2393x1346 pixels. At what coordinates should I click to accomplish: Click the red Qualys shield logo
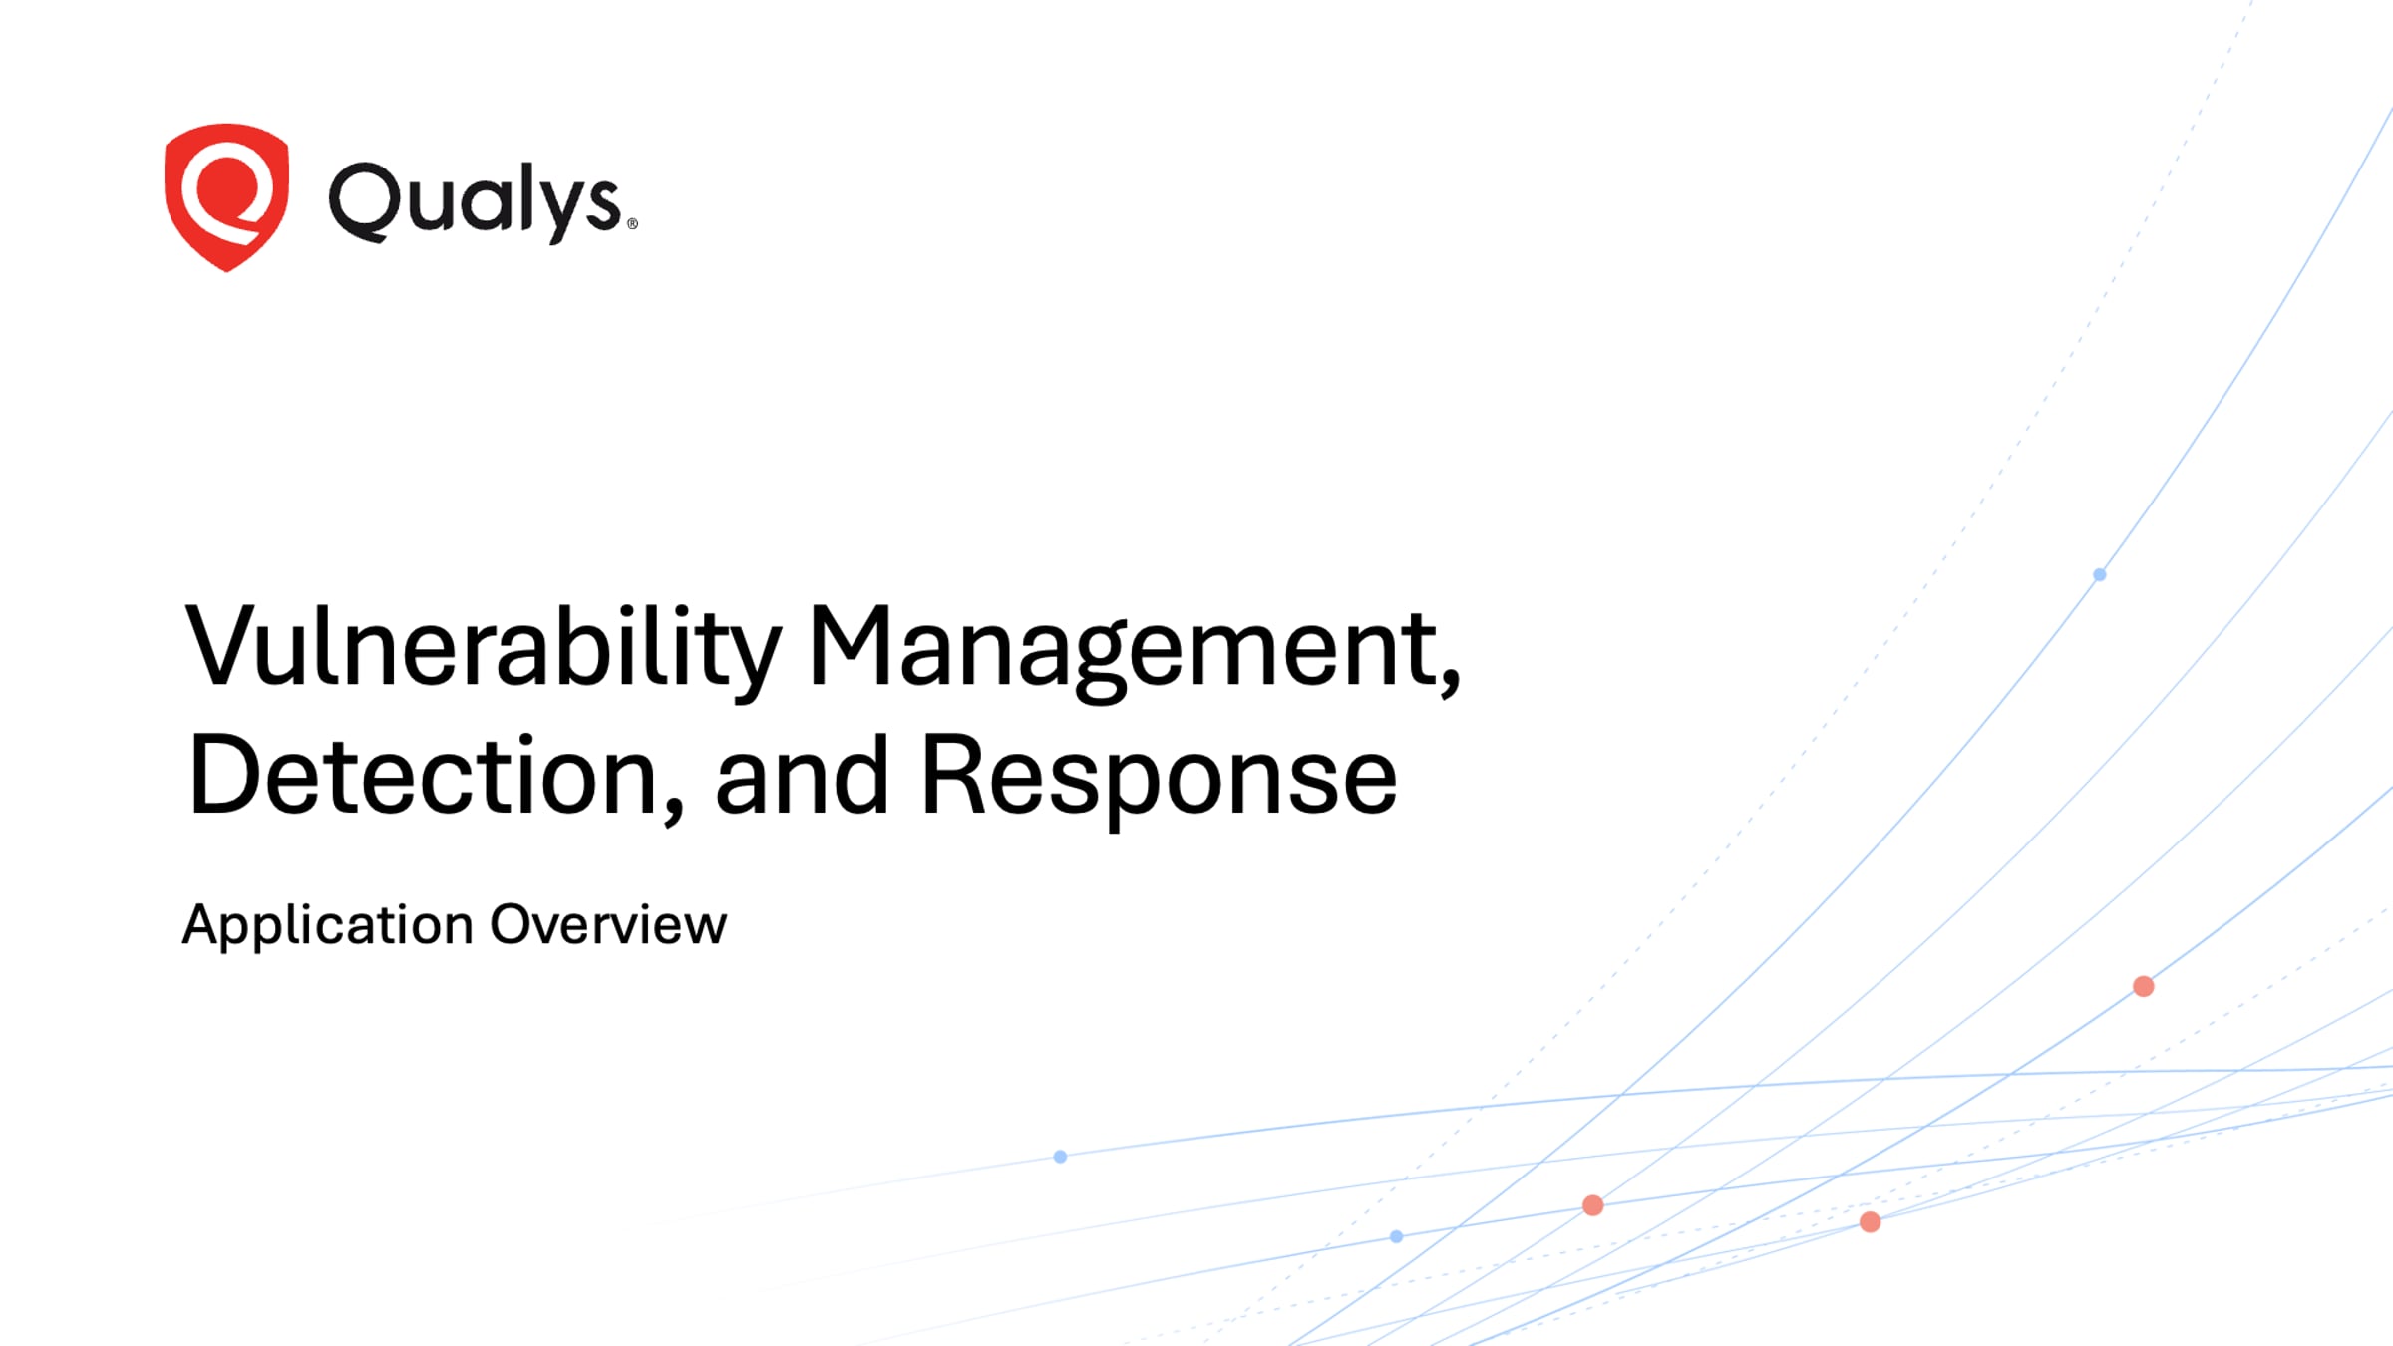(227, 196)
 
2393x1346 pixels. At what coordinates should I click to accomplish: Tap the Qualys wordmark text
(476, 202)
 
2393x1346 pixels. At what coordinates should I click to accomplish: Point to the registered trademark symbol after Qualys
(632, 224)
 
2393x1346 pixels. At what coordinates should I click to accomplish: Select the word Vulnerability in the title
(484, 648)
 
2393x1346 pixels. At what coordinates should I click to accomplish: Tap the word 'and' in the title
(802, 775)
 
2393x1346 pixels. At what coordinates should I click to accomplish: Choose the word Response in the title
(1159, 778)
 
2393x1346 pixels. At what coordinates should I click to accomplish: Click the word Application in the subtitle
(328, 925)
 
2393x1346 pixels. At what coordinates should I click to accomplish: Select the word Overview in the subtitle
(609, 924)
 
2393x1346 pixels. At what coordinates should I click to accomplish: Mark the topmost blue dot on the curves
(2100, 574)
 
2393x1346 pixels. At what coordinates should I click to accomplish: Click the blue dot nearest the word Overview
(1060, 1157)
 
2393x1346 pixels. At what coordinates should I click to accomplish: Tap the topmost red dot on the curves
(2144, 986)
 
